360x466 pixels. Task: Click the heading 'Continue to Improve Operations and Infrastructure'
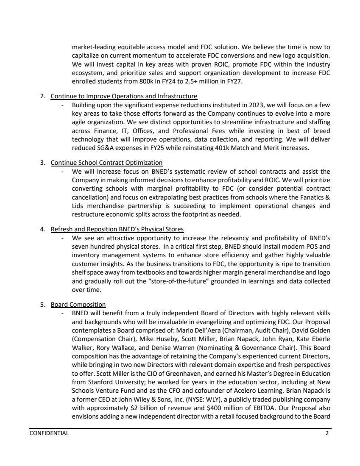[x=124, y=96]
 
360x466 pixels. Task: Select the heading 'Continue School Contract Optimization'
[x=106, y=163]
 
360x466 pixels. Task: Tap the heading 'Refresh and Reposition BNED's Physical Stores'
[x=117, y=229]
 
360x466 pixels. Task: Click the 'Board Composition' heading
[x=78, y=304]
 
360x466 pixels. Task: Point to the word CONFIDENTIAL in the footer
[x=49, y=434]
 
